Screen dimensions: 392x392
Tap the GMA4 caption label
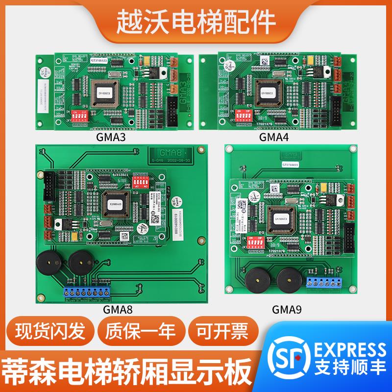tap(274, 138)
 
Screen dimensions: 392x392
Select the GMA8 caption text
tap(118, 309)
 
